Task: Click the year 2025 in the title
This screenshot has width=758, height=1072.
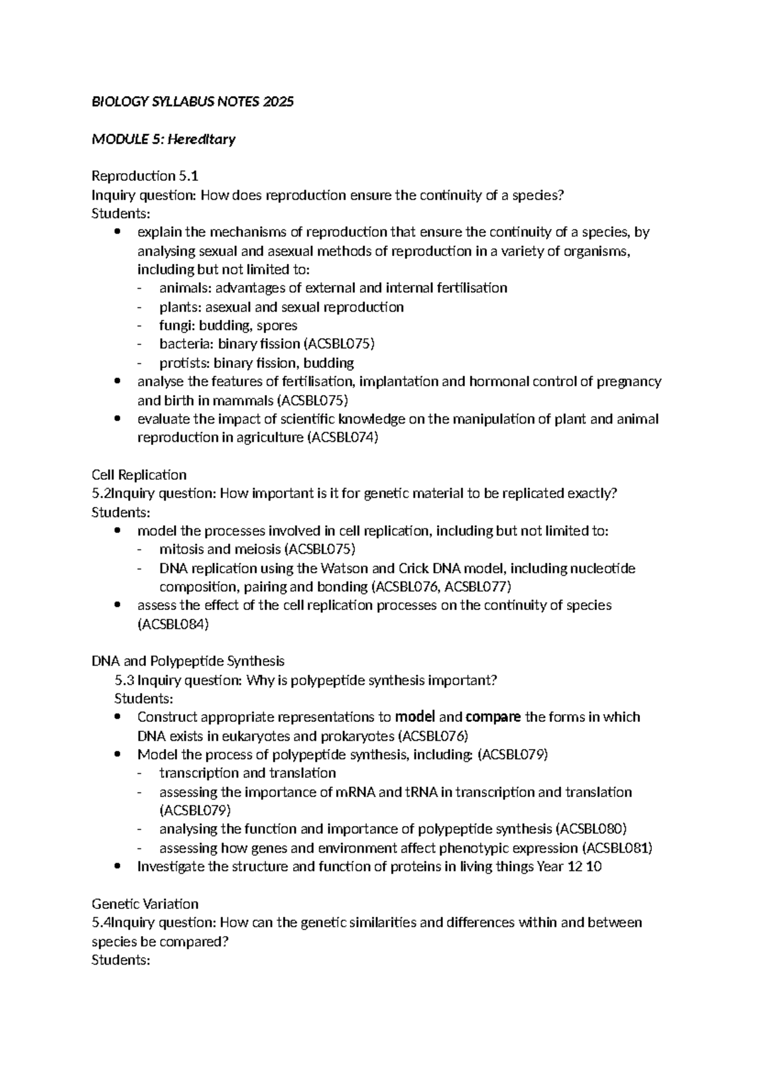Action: tap(279, 102)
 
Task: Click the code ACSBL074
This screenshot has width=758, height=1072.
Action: tap(342, 437)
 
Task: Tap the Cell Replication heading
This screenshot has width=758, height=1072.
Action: tap(139, 475)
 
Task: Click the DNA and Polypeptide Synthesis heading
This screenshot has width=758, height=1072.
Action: tap(188, 661)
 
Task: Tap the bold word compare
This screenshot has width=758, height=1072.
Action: tap(493, 717)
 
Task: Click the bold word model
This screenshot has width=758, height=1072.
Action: tap(415, 717)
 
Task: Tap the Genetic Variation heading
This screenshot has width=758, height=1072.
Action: tap(145, 904)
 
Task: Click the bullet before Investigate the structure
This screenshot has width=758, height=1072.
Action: tap(118, 867)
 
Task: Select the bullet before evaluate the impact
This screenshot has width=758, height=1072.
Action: tap(118, 419)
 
